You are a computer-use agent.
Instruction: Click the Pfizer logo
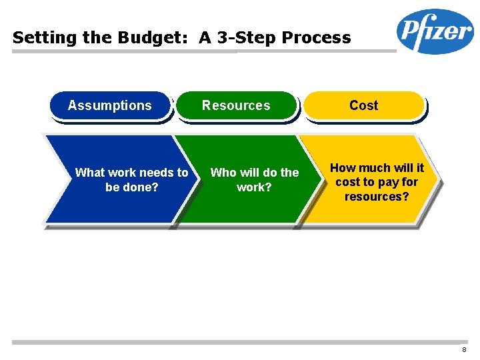(435, 31)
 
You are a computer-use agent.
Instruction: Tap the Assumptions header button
(110, 105)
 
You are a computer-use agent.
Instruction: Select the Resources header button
(236, 105)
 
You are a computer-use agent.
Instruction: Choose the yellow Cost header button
(363, 105)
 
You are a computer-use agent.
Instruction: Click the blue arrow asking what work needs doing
(113, 180)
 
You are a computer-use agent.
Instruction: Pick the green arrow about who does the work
(247, 180)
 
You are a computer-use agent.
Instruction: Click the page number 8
(463, 350)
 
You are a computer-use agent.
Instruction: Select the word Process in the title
(317, 38)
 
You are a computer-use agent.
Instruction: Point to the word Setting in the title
(41, 38)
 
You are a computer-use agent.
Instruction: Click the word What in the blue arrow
(89, 173)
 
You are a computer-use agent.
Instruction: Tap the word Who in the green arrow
(223, 173)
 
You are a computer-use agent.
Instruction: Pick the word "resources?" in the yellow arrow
(377, 197)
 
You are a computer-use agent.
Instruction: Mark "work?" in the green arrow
(254, 187)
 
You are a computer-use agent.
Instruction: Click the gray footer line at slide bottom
(240, 342)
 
